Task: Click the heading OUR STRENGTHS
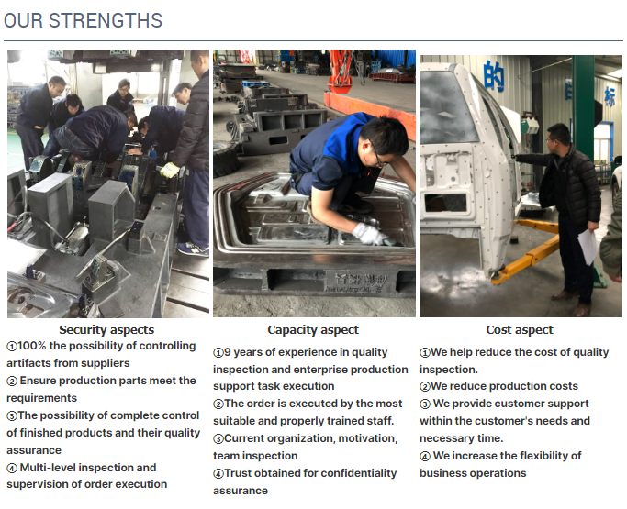pyautogui.click(x=84, y=20)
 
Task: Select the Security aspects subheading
pyautogui.click(x=106, y=329)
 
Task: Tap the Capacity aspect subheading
pyautogui.click(x=313, y=329)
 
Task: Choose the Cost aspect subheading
pyautogui.click(x=520, y=329)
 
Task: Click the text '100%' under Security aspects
pyautogui.click(x=34, y=347)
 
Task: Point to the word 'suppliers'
pyautogui.click(x=105, y=363)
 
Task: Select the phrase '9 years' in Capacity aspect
pyautogui.click(x=244, y=352)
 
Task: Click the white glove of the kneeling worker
pyautogui.click(x=369, y=234)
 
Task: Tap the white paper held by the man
pyautogui.click(x=588, y=246)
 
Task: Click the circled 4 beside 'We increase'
pyautogui.click(x=425, y=457)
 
